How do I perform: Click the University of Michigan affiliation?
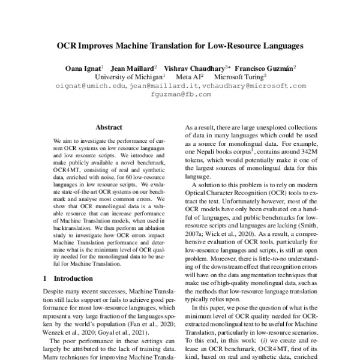click(x=128, y=77)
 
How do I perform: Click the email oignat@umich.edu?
click(x=89, y=86)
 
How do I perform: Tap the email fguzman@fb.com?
click(x=181, y=95)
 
